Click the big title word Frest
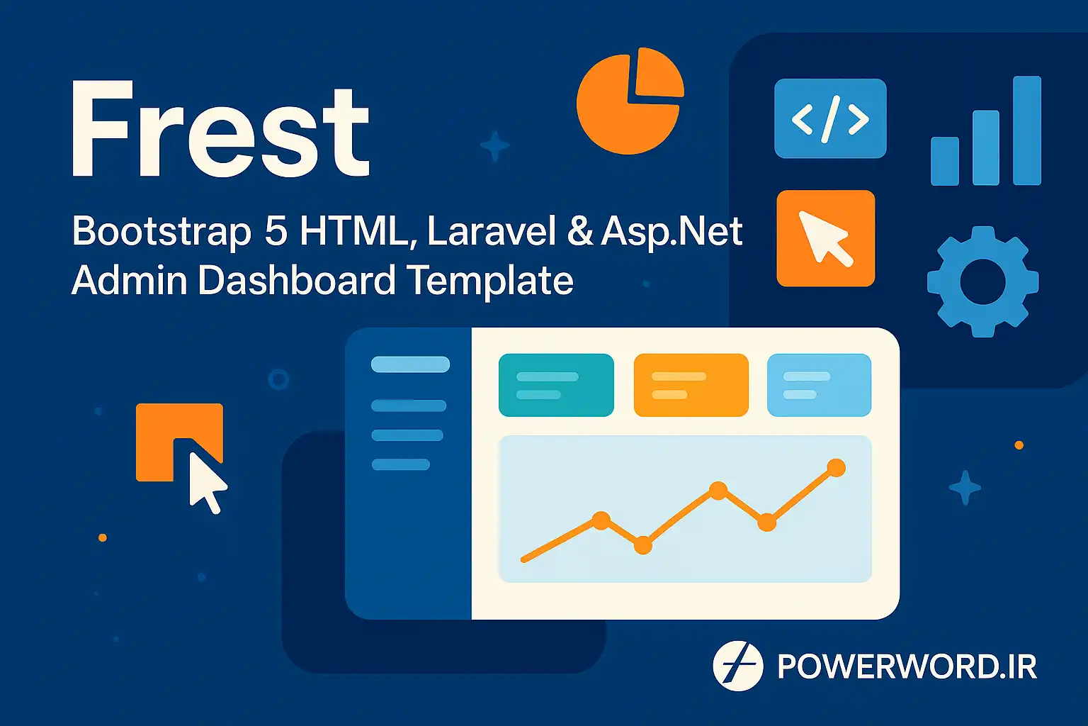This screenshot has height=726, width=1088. pyautogui.click(x=221, y=129)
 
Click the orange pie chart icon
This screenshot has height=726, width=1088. pyautogui.click(x=630, y=101)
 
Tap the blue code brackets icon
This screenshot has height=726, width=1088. pyautogui.click(x=830, y=118)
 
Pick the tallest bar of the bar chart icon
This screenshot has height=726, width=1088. pyautogui.click(x=1027, y=130)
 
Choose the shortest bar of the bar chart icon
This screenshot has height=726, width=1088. pyautogui.click(x=944, y=161)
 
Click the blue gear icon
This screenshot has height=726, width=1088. pyautogui.click(x=982, y=281)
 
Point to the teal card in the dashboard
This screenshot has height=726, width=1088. pyautogui.click(x=556, y=385)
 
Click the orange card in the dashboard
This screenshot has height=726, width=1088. pyautogui.click(x=691, y=385)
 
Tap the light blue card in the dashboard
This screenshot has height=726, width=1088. pyautogui.click(x=819, y=385)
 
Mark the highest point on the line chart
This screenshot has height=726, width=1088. pyautogui.click(x=836, y=468)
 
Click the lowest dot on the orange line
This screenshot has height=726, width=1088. pyautogui.click(x=642, y=545)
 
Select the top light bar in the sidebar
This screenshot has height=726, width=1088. pyautogui.click(x=410, y=364)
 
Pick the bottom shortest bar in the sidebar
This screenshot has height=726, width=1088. pyautogui.click(x=401, y=464)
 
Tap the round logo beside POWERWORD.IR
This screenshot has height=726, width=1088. pyautogui.click(x=738, y=666)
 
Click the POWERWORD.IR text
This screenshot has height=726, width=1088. pyautogui.click(x=907, y=666)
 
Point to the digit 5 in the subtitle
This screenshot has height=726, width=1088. pyautogui.click(x=276, y=231)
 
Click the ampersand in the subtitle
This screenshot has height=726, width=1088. pyautogui.click(x=579, y=231)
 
